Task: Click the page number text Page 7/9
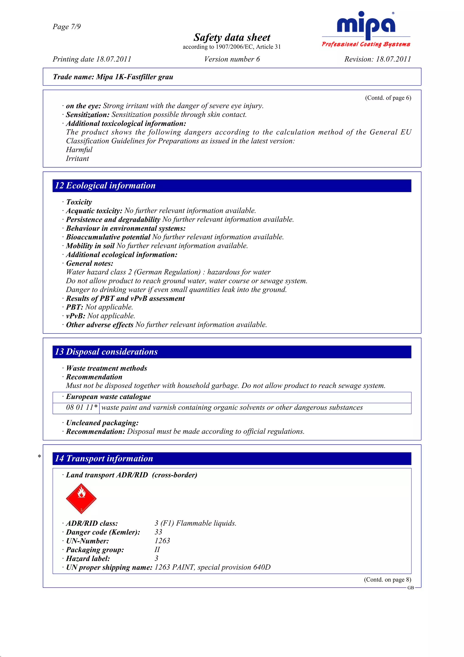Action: [x=67, y=27]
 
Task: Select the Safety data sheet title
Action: [x=232, y=37]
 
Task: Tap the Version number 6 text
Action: [x=232, y=59]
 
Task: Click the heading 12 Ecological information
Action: [x=105, y=185]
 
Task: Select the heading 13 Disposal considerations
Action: [x=106, y=352]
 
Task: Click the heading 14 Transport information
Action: [x=104, y=458]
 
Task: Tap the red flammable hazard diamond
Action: [x=81, y=499]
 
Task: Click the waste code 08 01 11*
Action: [x=82, y=407]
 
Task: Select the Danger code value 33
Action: [x=158, y=532]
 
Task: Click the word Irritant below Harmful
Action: [x=77, y=158]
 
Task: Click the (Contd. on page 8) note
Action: [x=387, y=579]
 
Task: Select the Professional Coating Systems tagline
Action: [x=366, y=44]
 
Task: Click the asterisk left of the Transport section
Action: [x=39, y=456]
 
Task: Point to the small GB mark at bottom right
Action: [x=411, y=588]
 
